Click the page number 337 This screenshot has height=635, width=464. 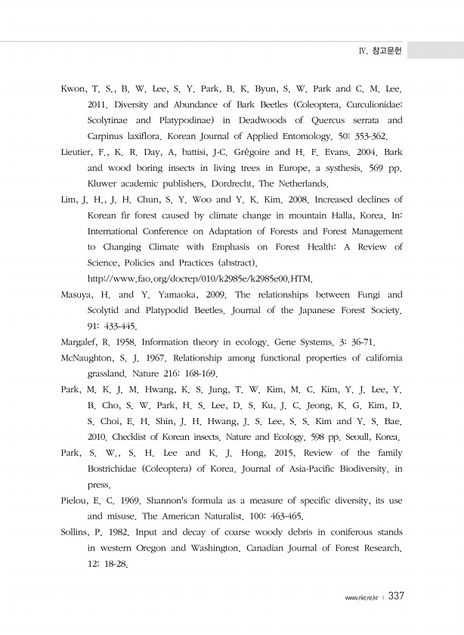tap(397, 596)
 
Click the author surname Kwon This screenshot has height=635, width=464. tap(73, 88)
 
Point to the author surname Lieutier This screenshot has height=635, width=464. tap(77, 152)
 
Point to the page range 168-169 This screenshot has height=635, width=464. tap(198, 373)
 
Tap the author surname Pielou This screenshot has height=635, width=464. tap(75, 500)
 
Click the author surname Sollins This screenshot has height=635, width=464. tap(76, 531)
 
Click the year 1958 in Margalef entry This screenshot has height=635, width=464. tap(125, 342)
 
